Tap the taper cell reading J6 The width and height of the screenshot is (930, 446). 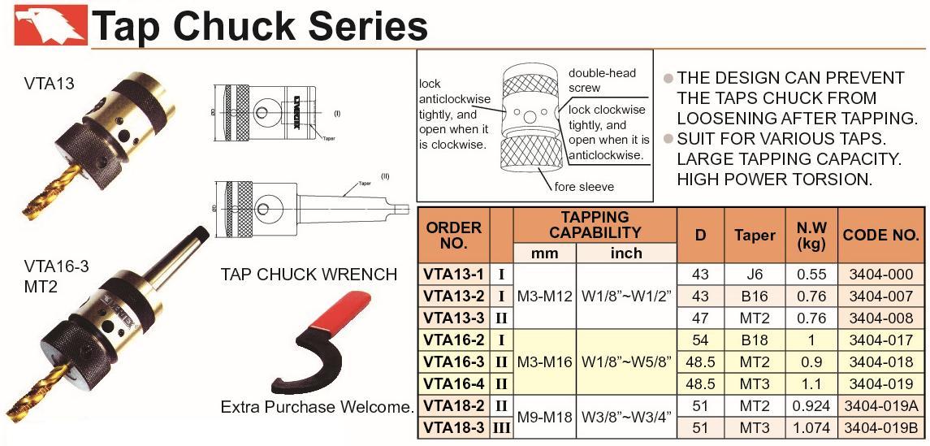[x=755, y=275]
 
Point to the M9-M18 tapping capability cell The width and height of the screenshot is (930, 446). [x=544, y=417]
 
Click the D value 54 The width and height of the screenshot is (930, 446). [x=700, y=340]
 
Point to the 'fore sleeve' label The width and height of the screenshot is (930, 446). [x=584, y=187]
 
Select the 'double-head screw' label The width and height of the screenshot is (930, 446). [x=602, y=80]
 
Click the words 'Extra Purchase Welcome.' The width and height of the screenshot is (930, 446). [x=318, y=406]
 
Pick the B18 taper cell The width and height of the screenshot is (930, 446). [x=755, y=340]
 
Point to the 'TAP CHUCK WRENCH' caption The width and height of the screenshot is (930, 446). [x=309, y=275]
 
